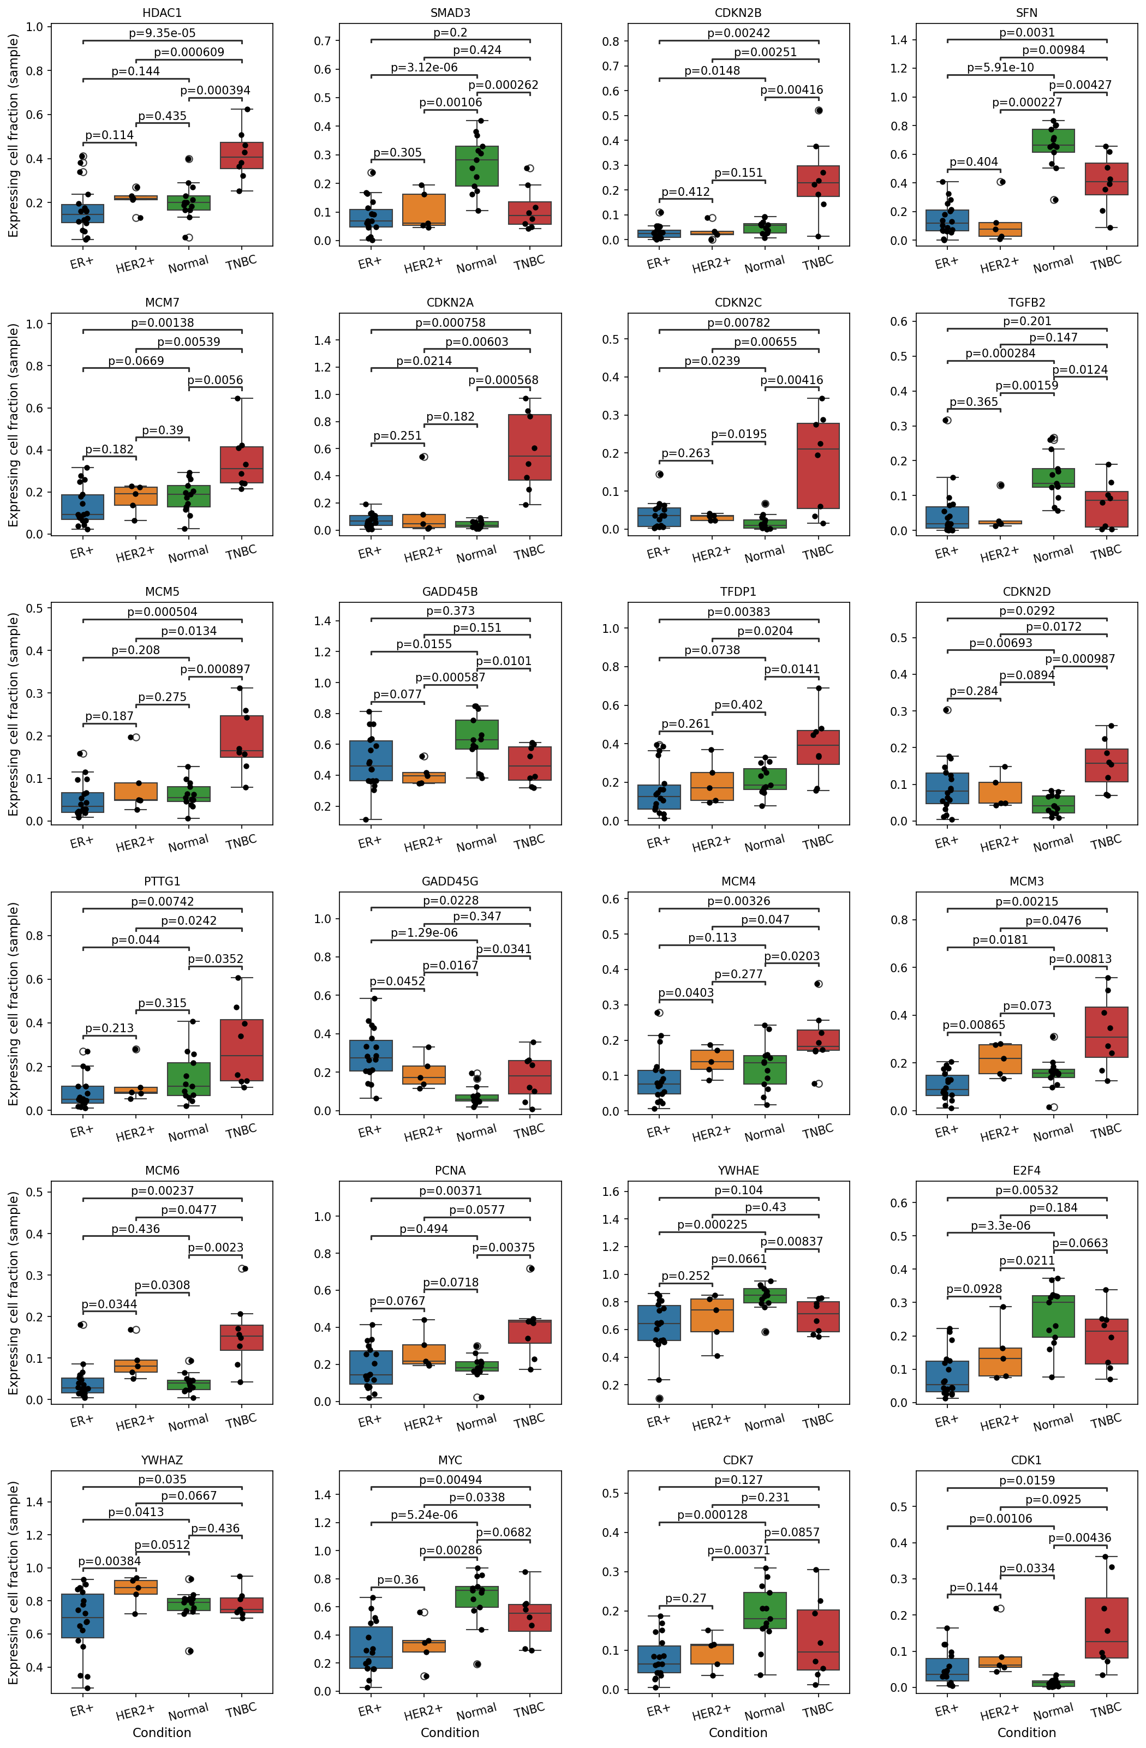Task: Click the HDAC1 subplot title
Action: pyautogui.click(x=162, y=13)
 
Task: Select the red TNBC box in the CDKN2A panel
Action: pyautogui.click(x=530, y=447)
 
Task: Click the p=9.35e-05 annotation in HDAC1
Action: pyautogui.click(x=162, y=33)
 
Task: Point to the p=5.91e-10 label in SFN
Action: pyautogui.click(x=1000, y=68)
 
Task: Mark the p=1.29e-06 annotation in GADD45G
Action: pyautogui.click(x=424, y=933)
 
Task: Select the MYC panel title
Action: pyautogui.click(x=450, y=1460)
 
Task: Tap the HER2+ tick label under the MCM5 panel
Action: pyautogui.click(x=135, y=844)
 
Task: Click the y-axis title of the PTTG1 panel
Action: pyautogui.click(x=13, y=1004)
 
